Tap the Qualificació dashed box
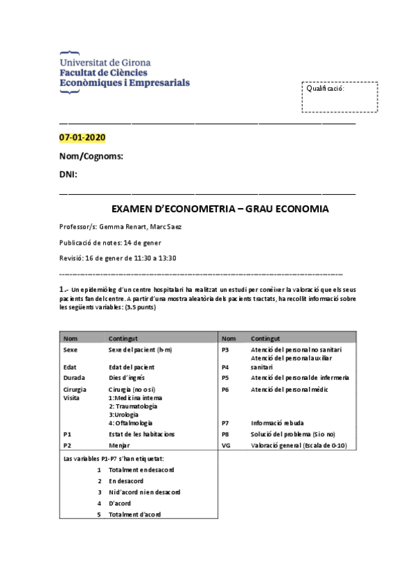tap(339, 97)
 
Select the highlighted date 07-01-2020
tap(82, 138)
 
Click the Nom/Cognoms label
tap(91, 156)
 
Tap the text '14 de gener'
tap(142, 243)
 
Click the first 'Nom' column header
tap(70, 338)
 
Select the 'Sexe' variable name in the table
tap(70, 350)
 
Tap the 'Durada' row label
tap(74, 378)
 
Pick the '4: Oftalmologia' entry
tap(131, 422)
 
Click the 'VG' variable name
tap(225, 445)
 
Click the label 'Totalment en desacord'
tap(141, 469)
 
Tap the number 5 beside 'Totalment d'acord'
tap(100, 514)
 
